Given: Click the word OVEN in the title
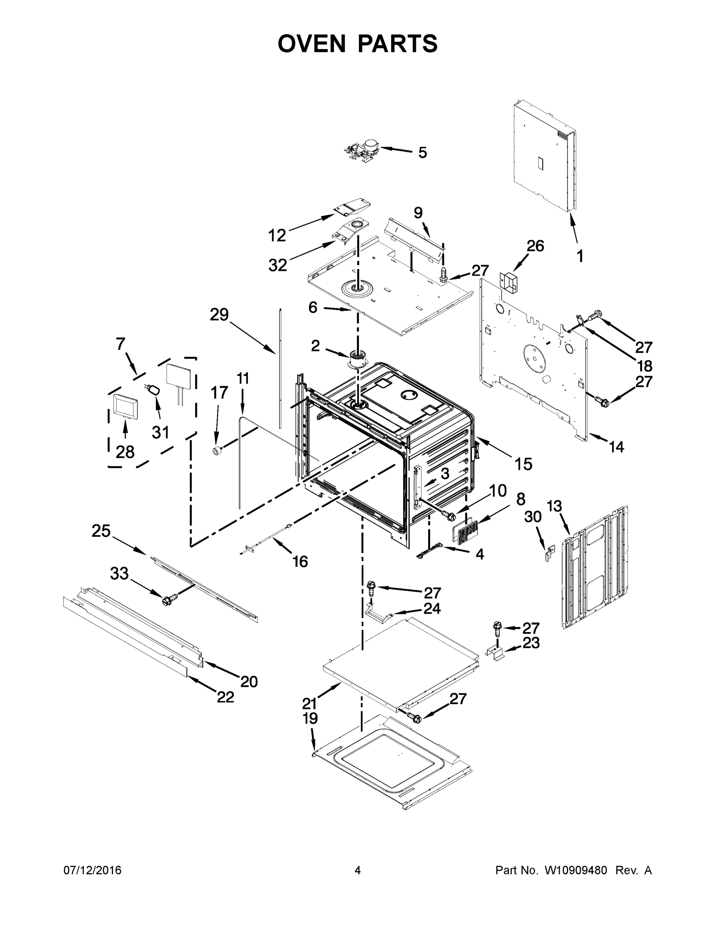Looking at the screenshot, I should click(x=312, y=44).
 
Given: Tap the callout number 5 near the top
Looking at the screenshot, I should click(x=422, y=153).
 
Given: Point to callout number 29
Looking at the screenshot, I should click(x=219, y=314).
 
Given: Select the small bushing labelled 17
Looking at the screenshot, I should click(x=217, y=451).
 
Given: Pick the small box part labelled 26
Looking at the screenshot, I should click(x=509, y=281).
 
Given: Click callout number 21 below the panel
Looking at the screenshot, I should click(x=309, y=703).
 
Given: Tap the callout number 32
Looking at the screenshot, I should click(x=278, y=265).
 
